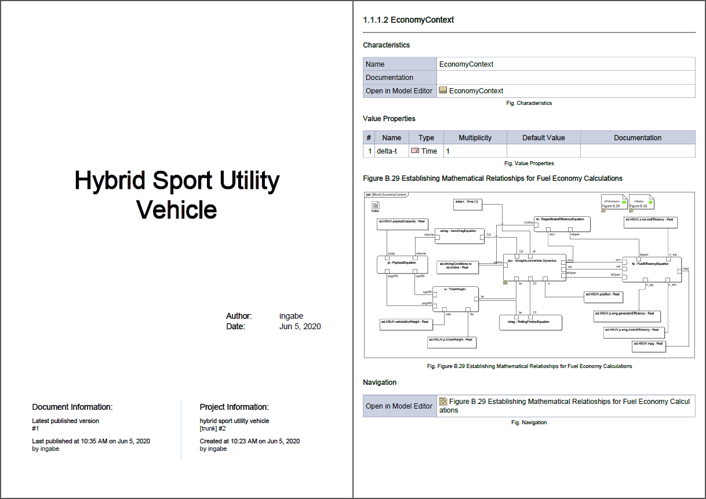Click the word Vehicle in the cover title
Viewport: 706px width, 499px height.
[x=177, y=209]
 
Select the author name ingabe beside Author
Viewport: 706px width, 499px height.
[x=291, y=316]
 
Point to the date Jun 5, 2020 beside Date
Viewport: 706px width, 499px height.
[x=300, y=326]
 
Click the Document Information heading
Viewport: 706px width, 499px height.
[x=72, y=407]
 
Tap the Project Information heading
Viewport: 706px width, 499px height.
[x=234, y=407]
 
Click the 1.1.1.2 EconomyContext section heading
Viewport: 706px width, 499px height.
[x=408, y=20]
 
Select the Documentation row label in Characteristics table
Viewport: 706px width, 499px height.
[x=390, y=78]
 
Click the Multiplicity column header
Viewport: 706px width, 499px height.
[x=475, y=138]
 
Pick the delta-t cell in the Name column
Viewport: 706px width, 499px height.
[x=387, y=151]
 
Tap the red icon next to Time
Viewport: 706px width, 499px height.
[x=415, y=151]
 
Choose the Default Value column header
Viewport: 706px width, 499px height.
[x=543, y=138]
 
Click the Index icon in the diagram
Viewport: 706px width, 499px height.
[x=375, y=206]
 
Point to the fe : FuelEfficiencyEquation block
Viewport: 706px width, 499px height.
[x=652, y=269]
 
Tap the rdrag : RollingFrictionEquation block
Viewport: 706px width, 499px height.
[x=530, y=322]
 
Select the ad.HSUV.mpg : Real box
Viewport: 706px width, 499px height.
[x=649, y=346]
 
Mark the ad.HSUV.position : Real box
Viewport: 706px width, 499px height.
[x=603, y=297]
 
